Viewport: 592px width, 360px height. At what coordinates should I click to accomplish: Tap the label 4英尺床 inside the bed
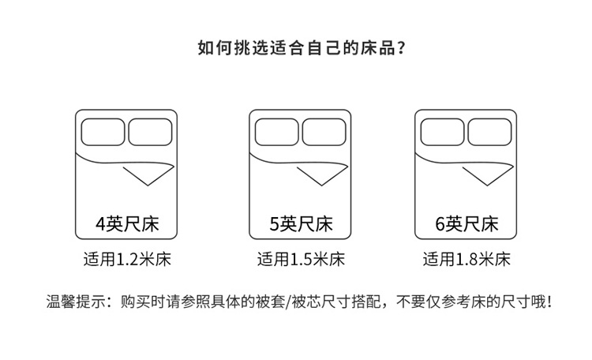(126, 223)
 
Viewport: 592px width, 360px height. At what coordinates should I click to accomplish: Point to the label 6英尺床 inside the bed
(467, 223)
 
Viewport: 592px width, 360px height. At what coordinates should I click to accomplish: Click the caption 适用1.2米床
(126, 259)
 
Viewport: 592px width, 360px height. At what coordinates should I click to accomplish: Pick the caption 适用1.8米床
(467, 259)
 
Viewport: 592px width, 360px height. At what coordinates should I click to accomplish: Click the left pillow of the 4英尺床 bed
(104, 132)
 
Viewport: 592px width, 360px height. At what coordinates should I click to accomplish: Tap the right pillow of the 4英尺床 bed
(149, 132)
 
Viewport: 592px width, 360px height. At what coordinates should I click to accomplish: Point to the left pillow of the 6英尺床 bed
(444, 132)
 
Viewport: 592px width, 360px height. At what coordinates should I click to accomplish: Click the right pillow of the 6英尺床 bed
(489, 132)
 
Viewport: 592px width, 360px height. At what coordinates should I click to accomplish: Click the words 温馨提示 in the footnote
(74, 302)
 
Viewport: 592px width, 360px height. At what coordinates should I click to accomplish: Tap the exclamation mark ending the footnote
(547, 302)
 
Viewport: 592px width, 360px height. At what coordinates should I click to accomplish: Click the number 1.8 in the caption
(466, 259)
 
